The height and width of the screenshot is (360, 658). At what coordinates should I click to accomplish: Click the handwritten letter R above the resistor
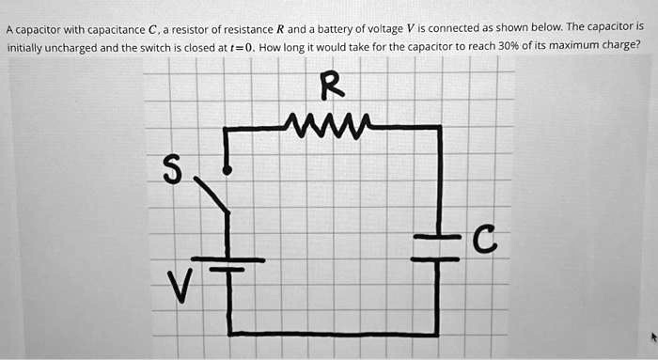coord(332,86)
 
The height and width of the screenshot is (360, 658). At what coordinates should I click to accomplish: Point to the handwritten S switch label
coord(170,169)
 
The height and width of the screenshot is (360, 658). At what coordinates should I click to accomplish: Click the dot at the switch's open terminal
coord(226,170)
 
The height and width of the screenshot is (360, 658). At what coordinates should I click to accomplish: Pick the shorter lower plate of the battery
coord(227,270)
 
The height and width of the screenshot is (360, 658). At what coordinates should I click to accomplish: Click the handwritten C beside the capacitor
coord(480,243)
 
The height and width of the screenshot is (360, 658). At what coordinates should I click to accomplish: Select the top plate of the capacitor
coord(436,236)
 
